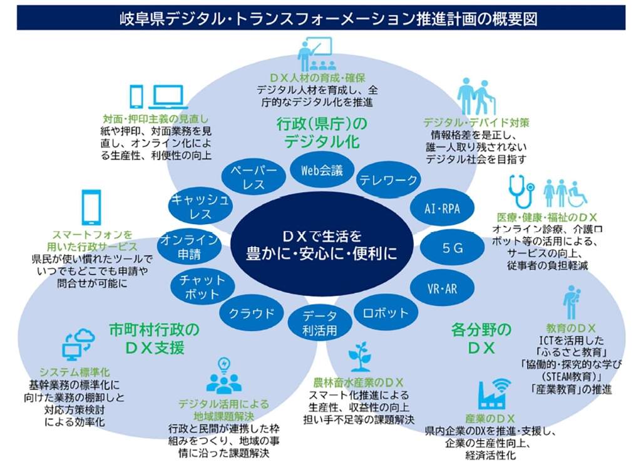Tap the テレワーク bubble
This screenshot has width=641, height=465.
(387, 180)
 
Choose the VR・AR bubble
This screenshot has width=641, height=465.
(442, 287)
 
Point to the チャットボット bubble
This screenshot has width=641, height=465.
(198, 287)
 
